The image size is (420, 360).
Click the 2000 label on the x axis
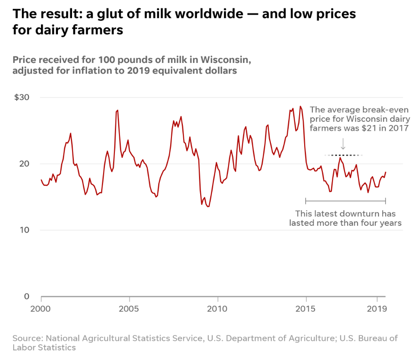click(41, 308)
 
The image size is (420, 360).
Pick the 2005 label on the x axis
click(130, 308)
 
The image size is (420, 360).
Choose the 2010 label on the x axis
click(218, 308)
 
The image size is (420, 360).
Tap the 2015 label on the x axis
click(306, 308)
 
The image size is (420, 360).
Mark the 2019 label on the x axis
click(377, 308)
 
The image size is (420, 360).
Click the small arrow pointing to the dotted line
click(343, 144)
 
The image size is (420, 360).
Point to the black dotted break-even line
click(343, 155)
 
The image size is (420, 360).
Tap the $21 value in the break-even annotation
click(368, 129)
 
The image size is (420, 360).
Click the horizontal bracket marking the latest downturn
click(345, 200)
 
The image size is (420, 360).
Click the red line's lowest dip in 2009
click(208, 207)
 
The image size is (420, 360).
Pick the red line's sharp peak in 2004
click(117, 110)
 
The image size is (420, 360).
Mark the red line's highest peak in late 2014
click(300, 106)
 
